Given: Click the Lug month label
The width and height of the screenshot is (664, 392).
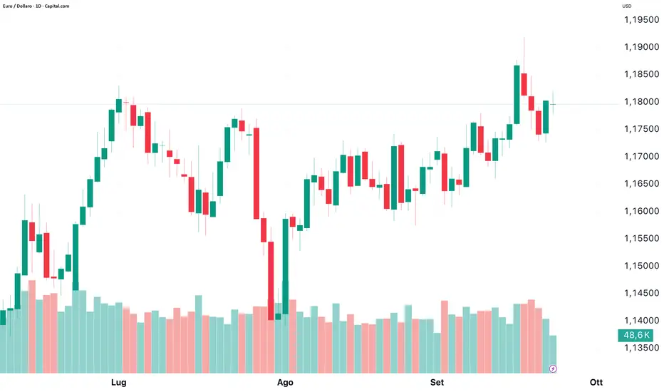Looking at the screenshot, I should tap(119, 383).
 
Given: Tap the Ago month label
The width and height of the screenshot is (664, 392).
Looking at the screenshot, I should tap(285, 383).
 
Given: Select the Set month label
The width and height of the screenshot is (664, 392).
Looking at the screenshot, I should tap(437, 383).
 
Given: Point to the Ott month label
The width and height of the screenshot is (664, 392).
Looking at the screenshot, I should tap(596, 383).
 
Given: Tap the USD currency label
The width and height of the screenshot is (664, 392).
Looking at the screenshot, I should tap(627, 6).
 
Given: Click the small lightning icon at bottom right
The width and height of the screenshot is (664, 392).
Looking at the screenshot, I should tap(554, 368).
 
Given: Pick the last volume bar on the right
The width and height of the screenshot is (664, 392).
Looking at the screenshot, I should tap(553, 354).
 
